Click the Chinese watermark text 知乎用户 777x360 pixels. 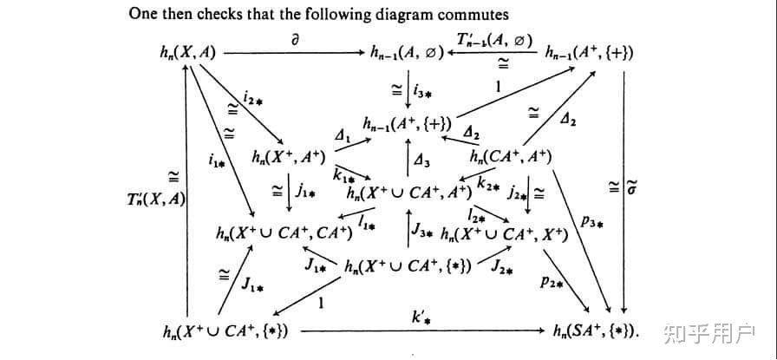[708, 331]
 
